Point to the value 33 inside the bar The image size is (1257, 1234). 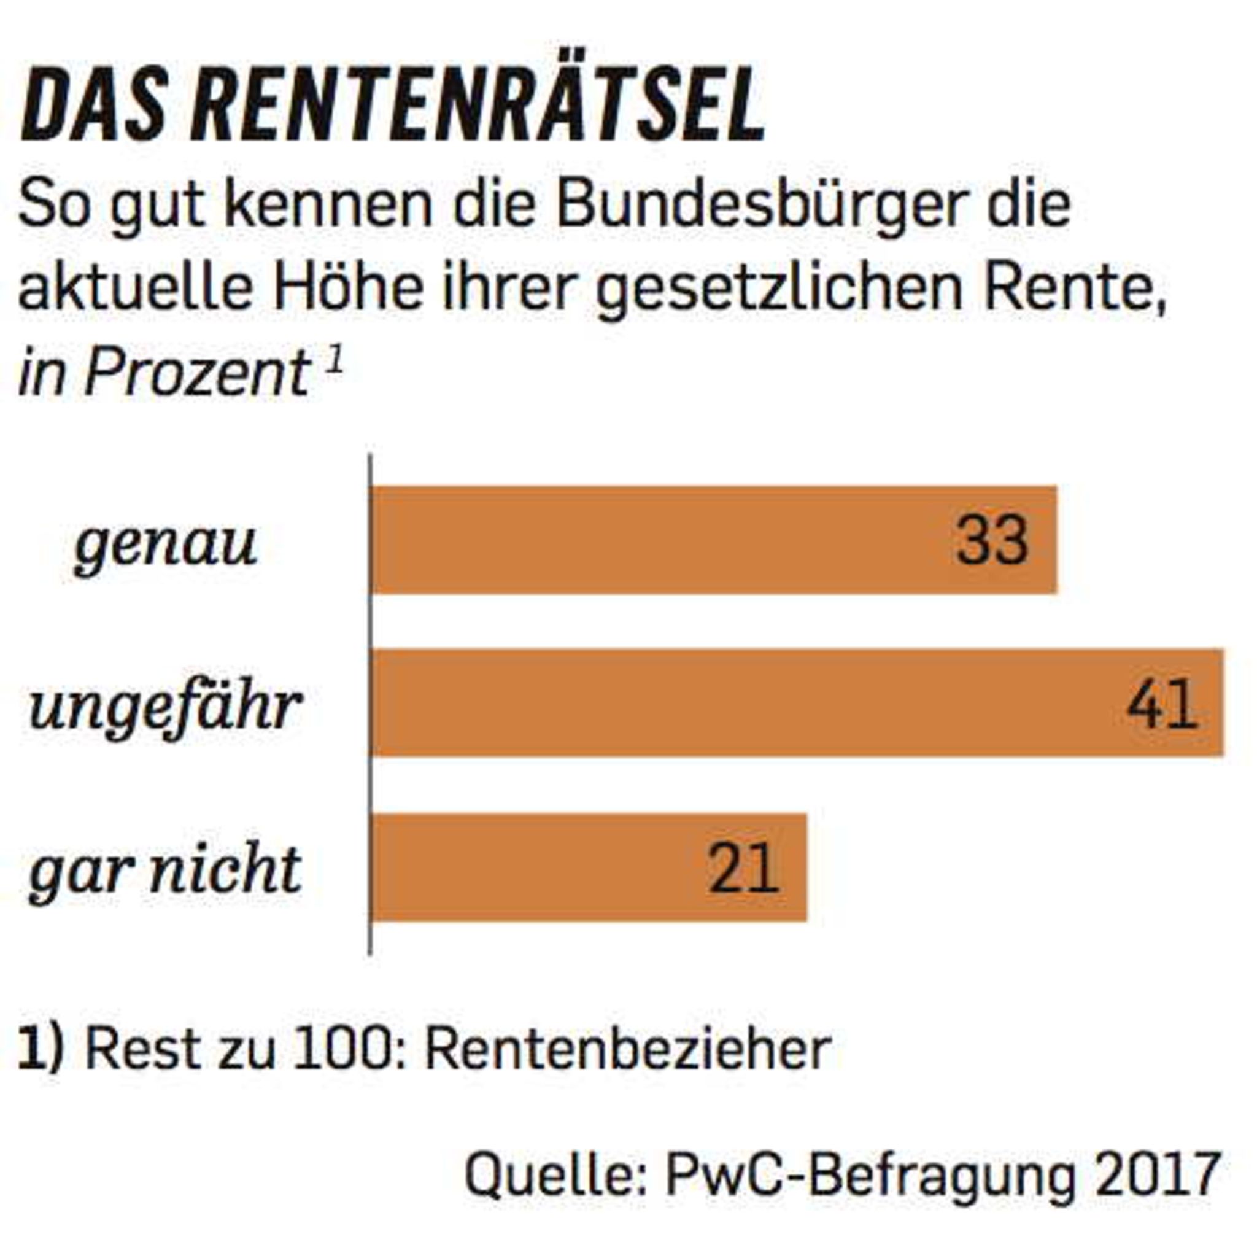992,540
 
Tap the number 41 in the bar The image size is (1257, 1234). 1162,705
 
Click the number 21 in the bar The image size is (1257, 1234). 743,869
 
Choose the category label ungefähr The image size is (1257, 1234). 166,708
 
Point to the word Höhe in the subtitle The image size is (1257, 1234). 347,288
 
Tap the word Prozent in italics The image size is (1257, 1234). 197,373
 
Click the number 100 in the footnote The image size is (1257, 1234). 341,1050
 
